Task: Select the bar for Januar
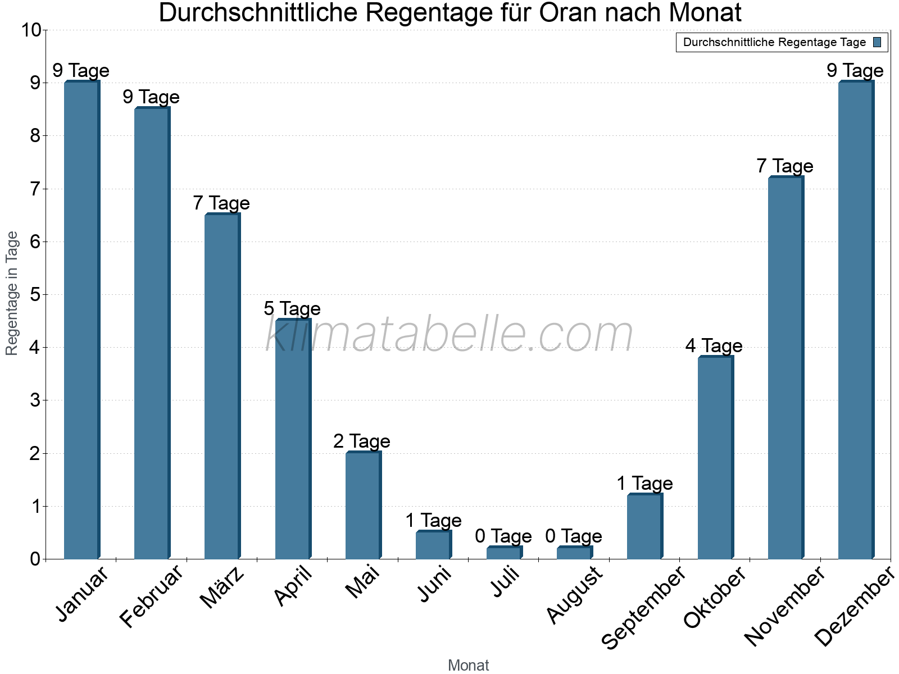(x=81, y=320)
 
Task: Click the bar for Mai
(x=363, y=505)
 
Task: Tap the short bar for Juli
(x=504, y=553)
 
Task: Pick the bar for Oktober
(x=715, y=458)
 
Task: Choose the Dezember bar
(x=856, y=320)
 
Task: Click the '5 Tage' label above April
(x=292, y=308)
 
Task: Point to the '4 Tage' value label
(x=714, y=345)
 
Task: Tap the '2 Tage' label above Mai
(x=362, y=441)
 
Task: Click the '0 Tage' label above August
(x=574, y=536)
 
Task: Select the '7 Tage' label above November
(x=784, y=166)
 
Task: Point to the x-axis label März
(x=223, y=588)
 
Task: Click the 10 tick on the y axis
(x=31, y=30)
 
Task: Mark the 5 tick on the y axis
(x=35, y=294)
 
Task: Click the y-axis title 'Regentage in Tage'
(x=12, y=293)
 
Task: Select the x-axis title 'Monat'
(x=468, y=665)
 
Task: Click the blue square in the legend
(x=877, y=42)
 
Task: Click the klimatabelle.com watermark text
(x=449, y=334)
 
